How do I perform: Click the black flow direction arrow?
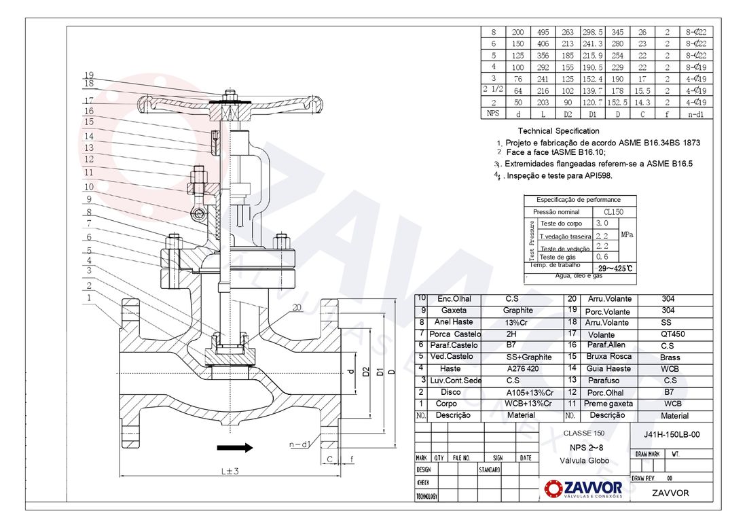(234, 447)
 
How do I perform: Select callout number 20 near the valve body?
(296, 308)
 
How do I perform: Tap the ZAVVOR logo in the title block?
(583, 488)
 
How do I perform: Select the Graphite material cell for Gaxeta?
(517, 311)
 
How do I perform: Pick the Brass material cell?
(670, 357)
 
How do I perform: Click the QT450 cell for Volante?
(670, 334)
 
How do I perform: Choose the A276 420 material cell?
(521, 369)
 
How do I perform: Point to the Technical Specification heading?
(558, 130)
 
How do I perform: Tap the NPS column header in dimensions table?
(493, 113)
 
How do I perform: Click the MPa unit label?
(627, 234)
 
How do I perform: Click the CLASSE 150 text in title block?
(583, 434)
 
